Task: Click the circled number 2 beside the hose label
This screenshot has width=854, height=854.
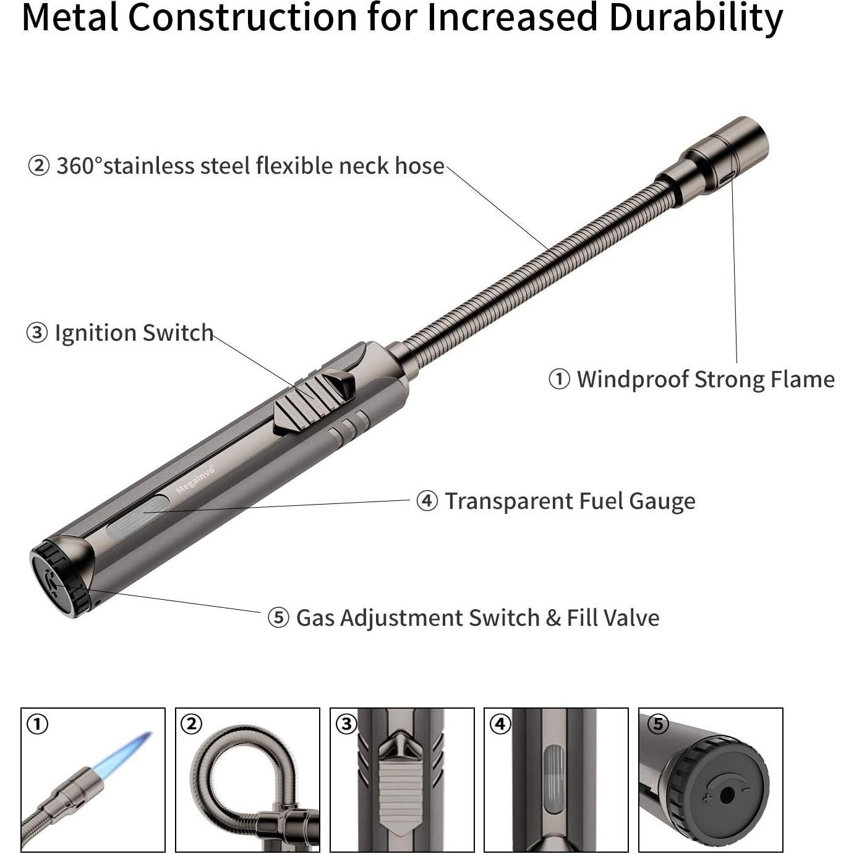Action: pyautogui.click(x=38, y=166)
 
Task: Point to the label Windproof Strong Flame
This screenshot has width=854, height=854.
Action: pyautogui.click(x=706, y=380)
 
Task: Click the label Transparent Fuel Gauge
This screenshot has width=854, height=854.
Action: pyautogui.click(x=570, y=502)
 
